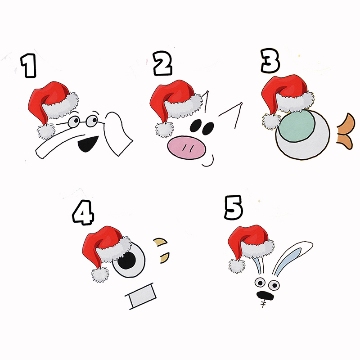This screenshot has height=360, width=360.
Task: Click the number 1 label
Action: click(30, 66)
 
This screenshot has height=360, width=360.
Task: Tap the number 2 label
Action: click(162, 64)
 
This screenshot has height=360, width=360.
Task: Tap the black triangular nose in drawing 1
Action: click(86, 145)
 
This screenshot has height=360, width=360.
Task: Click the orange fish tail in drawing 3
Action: click(346, 132)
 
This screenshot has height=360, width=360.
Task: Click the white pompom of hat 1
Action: click(45, 131)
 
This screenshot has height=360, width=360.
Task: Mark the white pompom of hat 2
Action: click(163, 130)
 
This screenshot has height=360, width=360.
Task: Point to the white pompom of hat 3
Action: click(271, 121)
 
